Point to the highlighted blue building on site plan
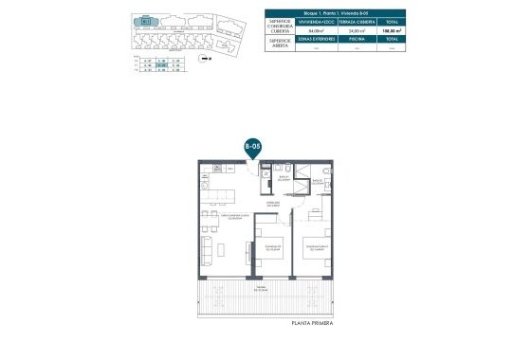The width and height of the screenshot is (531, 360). [146, 21]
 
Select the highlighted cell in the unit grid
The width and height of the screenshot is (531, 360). [163, 64]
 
